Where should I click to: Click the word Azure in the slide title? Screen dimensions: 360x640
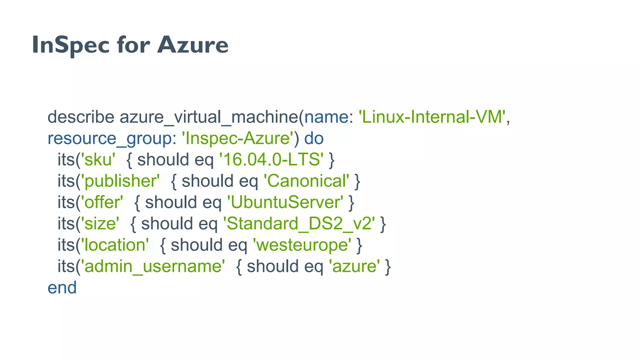192,45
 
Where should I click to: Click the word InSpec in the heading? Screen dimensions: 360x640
71,45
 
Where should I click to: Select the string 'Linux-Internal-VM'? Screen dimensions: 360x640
432,117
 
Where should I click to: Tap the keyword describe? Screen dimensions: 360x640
81,117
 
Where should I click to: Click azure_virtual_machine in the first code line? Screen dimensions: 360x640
209,117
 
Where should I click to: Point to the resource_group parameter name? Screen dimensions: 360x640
109,138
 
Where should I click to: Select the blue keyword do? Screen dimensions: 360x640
314,138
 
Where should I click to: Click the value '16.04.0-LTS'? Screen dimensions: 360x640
271,160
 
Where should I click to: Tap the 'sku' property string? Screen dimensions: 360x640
98,160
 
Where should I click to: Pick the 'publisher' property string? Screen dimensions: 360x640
120,181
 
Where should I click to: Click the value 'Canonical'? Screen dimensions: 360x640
306,181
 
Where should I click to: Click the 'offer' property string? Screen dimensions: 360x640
102,202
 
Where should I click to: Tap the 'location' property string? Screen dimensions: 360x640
115,245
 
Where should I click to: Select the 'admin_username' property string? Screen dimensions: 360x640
153,266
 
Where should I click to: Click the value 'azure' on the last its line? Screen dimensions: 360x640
354,266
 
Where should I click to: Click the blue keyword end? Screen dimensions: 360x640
62,287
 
